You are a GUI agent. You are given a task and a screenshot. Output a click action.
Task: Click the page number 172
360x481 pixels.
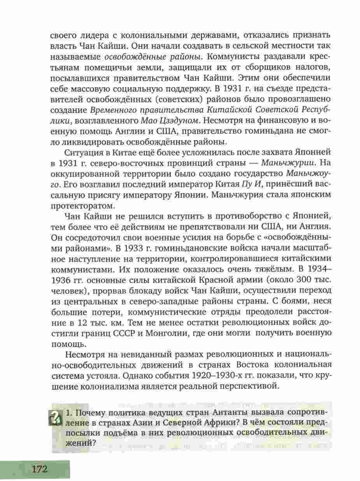[38, 469]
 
